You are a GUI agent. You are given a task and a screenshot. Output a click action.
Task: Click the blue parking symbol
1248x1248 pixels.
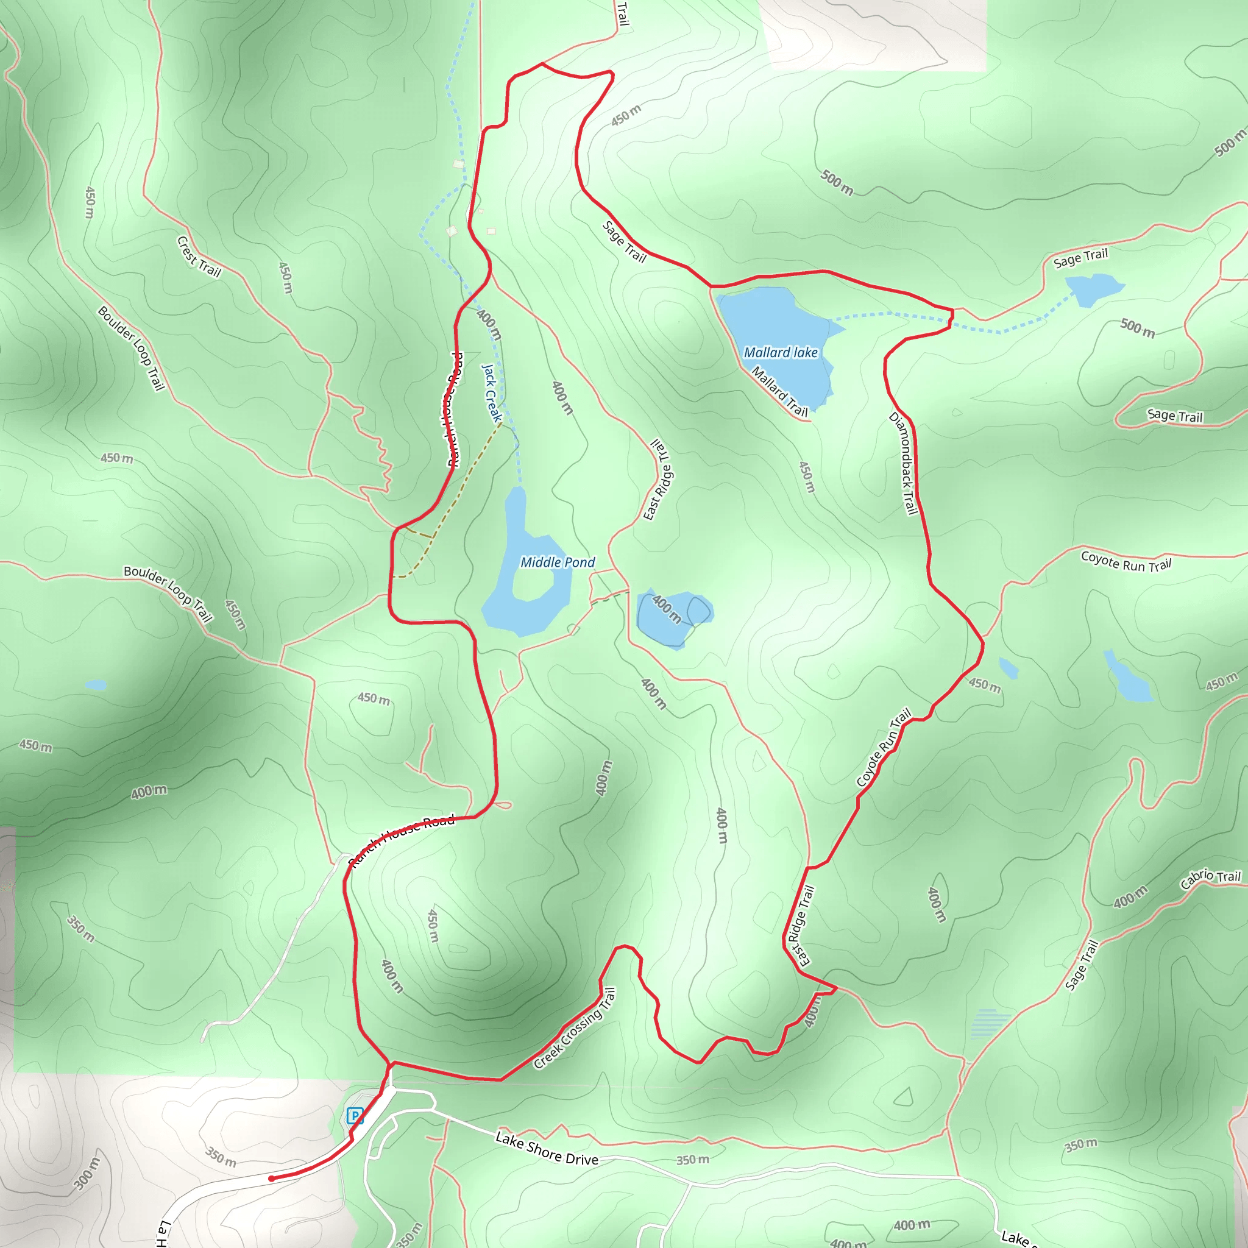355,1116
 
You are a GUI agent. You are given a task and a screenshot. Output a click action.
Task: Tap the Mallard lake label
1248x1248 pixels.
781,353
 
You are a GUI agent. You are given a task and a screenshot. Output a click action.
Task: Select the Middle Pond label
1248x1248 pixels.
558,562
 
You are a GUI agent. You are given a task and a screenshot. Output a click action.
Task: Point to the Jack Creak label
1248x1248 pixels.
492,393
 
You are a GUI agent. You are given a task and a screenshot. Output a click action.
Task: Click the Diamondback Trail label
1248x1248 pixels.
904,463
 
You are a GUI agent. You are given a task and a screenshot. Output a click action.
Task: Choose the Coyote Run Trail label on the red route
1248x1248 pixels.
884,747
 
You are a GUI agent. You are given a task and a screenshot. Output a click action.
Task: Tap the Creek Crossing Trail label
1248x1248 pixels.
575,1028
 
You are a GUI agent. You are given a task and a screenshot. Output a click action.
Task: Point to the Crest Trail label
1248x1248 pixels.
199,257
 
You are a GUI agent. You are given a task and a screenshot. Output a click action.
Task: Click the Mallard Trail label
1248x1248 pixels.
779,391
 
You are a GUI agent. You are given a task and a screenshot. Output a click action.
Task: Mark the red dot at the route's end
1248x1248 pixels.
271,1179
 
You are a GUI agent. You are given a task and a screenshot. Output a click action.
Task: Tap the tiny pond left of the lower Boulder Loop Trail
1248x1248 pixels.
96,685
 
